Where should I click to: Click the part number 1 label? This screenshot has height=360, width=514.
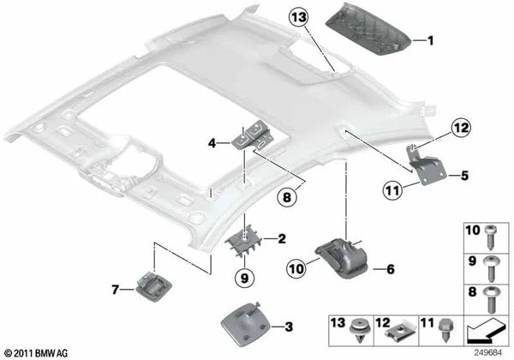[431, 40]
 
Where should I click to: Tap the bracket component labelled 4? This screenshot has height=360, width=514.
[251, 137]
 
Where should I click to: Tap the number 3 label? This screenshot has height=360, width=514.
[288, 327]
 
